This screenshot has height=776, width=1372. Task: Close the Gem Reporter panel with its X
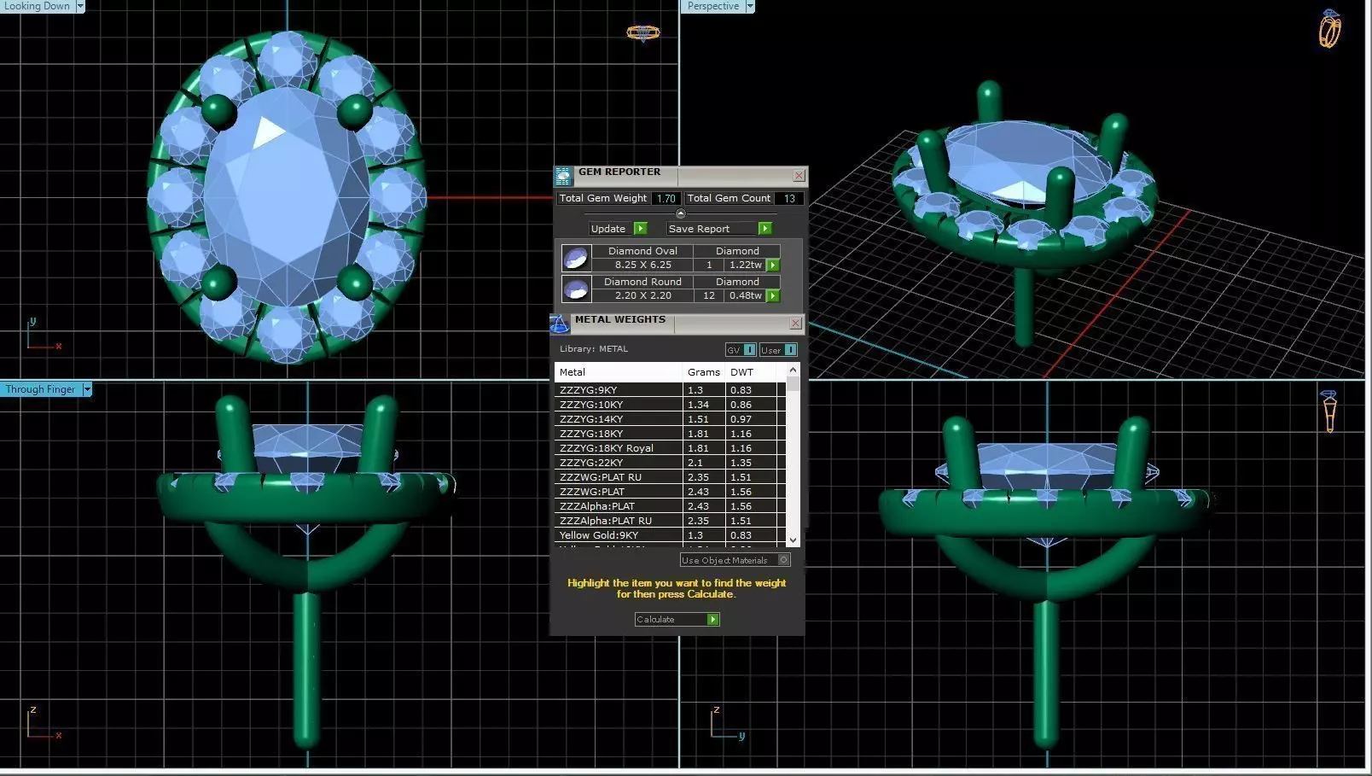(799, 176)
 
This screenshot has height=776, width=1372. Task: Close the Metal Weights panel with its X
(795, 324)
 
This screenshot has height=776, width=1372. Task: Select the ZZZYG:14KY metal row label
(591, 419)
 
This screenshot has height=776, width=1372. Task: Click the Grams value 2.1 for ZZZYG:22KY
(696, 463)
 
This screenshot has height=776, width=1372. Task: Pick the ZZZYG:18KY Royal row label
(606, 448)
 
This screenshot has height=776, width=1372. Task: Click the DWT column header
(741, 372)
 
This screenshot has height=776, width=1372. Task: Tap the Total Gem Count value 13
(789, 198)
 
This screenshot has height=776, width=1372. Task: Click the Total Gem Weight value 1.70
(666, 198)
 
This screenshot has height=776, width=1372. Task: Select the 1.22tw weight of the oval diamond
(745, 265)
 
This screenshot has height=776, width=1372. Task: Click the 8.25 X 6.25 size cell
(642, 265)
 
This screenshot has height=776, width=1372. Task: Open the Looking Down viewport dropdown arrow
(80, 6)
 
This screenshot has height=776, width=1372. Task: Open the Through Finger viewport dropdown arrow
(87, 389)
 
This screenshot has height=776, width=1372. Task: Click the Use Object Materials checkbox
(784, 560)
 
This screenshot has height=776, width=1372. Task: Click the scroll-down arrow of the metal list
(793, 540)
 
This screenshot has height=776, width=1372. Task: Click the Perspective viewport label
(712, 6)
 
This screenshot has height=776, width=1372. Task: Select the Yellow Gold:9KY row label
(598, 535)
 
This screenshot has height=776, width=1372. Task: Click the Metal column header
(573, 372)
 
